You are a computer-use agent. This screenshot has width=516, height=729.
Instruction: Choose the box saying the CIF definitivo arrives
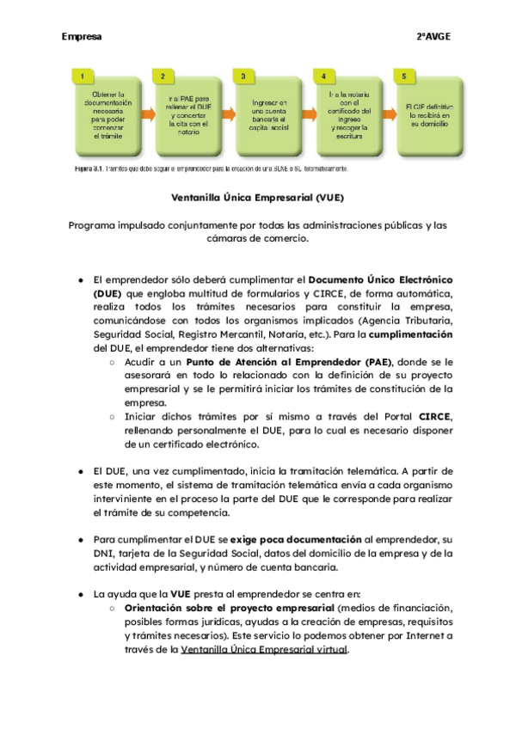[x=427, y=113]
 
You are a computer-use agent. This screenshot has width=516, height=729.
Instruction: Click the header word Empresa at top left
[x=82, y=37]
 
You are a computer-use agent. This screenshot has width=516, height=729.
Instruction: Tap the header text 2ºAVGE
[x=433, y=37]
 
